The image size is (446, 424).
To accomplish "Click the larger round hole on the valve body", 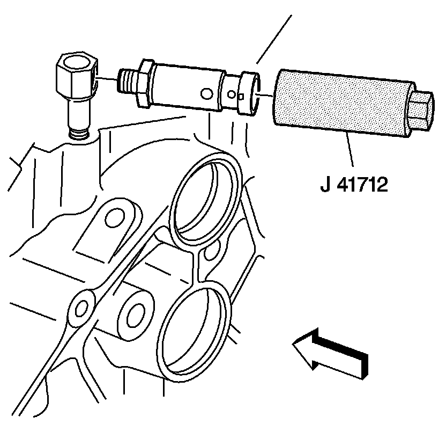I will [204, 94].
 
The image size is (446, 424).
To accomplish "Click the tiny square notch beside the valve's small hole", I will [241, 97].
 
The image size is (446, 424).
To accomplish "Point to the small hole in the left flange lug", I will [81, 308].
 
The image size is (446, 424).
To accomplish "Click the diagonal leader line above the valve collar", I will [273, 38].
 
